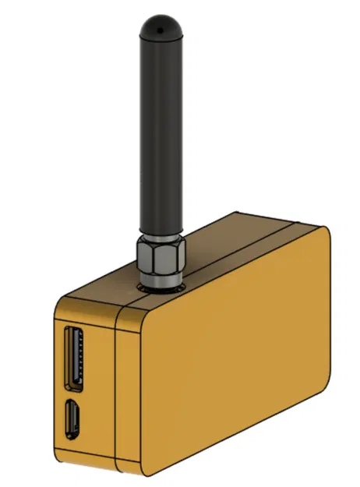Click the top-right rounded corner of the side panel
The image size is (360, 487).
coord(323,234)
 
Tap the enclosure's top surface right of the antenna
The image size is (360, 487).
coord(234,234)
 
